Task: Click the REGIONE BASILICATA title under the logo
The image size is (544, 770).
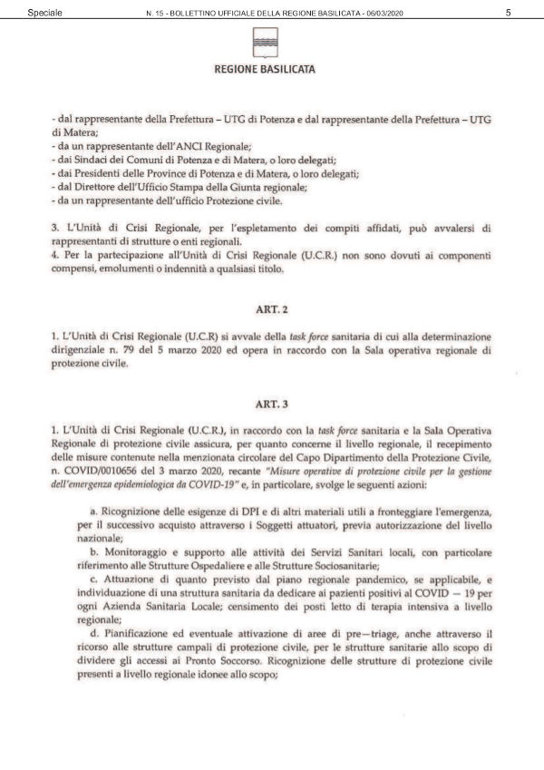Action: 265,69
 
